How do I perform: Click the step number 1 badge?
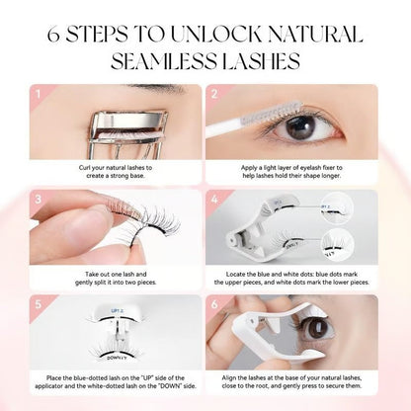coord(39,96)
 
